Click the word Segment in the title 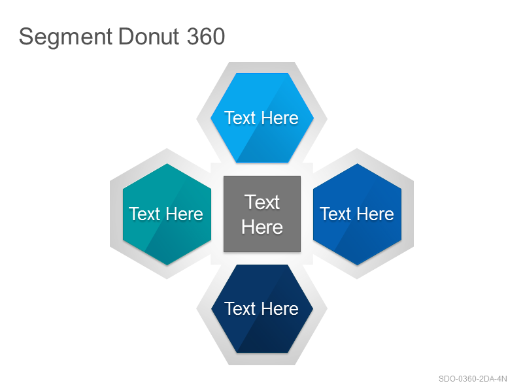(x=66, y=37)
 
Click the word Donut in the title (x=148, y=37)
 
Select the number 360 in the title (x=206, y=37)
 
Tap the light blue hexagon (x=262, y=118)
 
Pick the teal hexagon (x=167, y=214)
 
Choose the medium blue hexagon (x=357, y=214)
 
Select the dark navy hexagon (x=262, y=308)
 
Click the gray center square (x=262, y=214)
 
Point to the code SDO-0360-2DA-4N (x=473, y=379)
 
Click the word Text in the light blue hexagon (x=240, y=118)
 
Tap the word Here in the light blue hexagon (x=280, y=118)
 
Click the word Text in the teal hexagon (x=144, y=214)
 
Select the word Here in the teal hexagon (x=184, y=214)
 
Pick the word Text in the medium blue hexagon (x=335, y=214)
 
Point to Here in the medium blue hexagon (x=375, y=214)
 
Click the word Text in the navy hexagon (x=240, y=308)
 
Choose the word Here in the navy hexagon (x=280, y=308)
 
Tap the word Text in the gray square (x=262, y=202)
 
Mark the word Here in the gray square (x=262, y=227)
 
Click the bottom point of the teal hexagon (x=167, y=265)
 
